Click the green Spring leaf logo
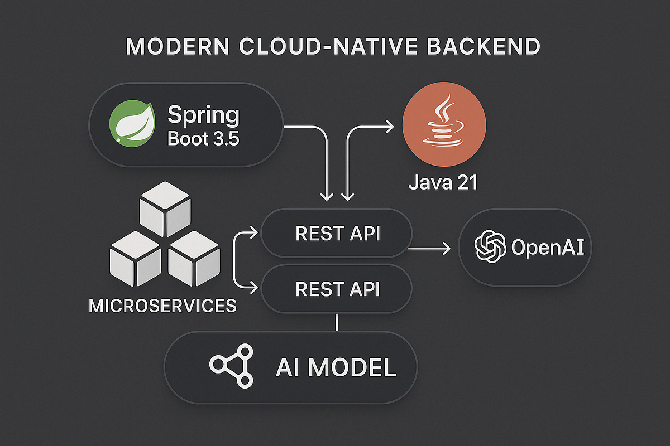click(x=132, y=124)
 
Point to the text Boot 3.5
click(x=203, y=138)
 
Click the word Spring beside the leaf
click(x=203, y=115)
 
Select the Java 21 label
click(x=443, y=182)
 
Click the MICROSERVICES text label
click(x=162, y=305)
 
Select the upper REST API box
click(x=337, y=234)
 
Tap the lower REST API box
click(x=337, y=289)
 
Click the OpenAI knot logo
click(x=490, y=248)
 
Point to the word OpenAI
click(x=547, y=248)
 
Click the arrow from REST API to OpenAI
click(x=430, y=249)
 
